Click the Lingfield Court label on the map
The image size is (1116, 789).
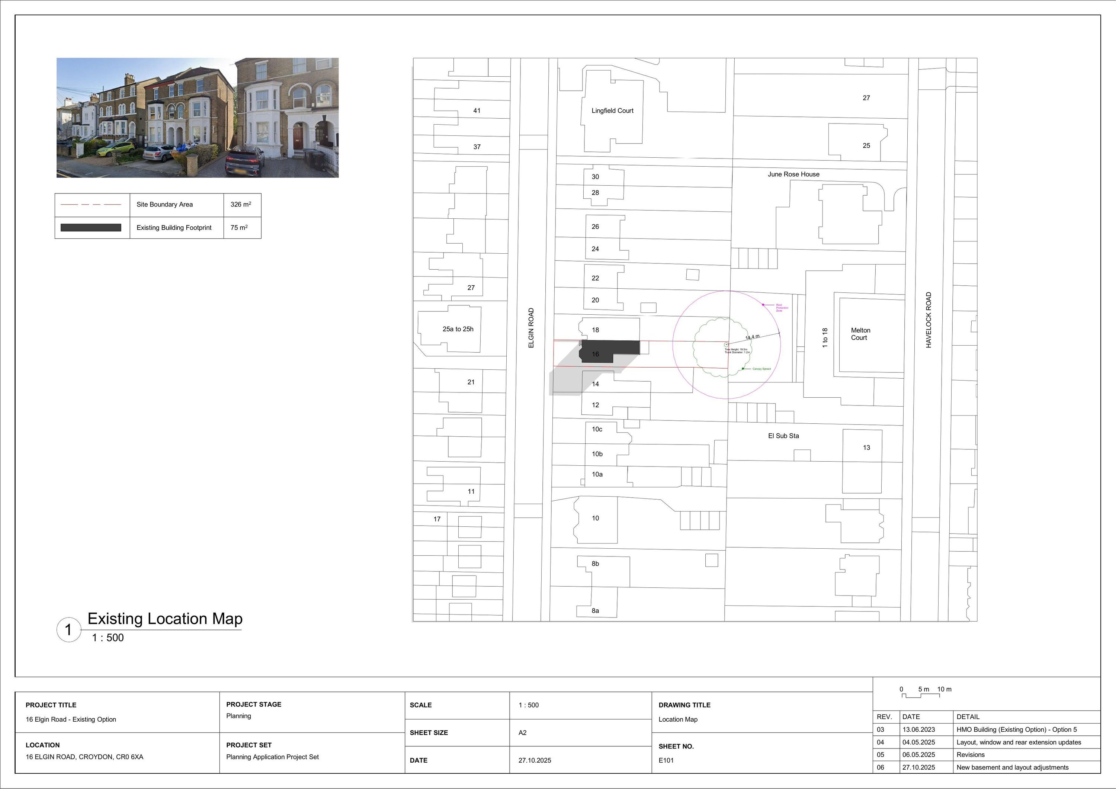tap(612, 111)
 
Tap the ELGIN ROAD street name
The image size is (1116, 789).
tap(531, 328)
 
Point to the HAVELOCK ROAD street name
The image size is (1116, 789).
tap(929, 320)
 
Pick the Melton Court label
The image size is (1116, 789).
tap(860, 334)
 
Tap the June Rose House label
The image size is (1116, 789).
tap(793, 174)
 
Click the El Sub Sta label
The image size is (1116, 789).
tap(783, 436)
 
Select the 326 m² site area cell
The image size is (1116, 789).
tap(241, 205)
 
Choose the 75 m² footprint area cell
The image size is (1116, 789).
tap(239, 228)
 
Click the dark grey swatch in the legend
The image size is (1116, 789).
tap(91, 228)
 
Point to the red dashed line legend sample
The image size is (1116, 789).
tap(91, 205)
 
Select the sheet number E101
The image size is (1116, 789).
tap(666, 760)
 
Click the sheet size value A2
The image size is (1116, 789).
tap(523, 732)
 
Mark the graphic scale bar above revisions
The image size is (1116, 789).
tap(921, 695)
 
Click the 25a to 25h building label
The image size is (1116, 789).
tap(458, 329)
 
